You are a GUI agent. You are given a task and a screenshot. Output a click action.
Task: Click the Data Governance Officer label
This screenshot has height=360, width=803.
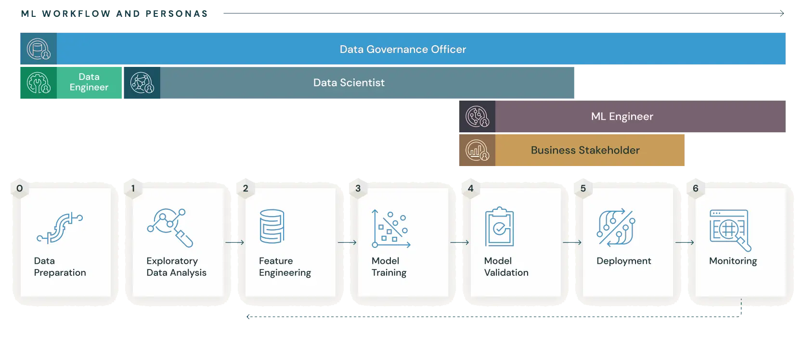click(x=402, y=49)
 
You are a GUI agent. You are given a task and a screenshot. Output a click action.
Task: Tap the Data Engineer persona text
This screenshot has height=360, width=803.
click(x=89, y=82)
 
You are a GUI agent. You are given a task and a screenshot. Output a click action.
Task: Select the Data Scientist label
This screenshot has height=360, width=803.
click(x=349, y=83)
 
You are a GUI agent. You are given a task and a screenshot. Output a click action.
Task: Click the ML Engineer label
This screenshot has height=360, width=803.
click(x=622, y=116)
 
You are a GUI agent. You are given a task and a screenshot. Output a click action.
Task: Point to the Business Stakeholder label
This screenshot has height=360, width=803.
click(x=585, y=150)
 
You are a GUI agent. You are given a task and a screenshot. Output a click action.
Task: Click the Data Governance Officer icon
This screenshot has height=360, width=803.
click(x=39, y=49)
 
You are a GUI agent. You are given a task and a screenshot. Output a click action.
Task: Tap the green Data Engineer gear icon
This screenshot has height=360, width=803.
click(x=39, y=83)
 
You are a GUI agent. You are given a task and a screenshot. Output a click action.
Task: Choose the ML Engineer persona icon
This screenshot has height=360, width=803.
click(x=477, y=116)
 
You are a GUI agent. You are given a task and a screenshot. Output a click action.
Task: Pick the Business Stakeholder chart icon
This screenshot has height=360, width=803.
click(x=477, y=150)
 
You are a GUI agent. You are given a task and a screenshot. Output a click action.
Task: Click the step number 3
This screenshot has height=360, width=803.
click(x=358, y=188)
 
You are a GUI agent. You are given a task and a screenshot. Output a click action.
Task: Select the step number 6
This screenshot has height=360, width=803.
click(x=695, y=188)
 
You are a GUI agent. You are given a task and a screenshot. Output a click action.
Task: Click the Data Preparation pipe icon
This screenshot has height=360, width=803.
click(x=60, y=228)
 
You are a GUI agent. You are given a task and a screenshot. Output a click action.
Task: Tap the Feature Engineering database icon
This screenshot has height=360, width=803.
click(x=272, y=226)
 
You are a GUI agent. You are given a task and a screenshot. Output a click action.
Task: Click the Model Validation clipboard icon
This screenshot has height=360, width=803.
click(x=499, y=227)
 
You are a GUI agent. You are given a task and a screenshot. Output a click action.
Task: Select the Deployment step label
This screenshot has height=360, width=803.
click(x=623, y=261)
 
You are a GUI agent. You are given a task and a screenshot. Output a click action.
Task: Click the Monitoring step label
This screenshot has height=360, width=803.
click(x=733, y=261)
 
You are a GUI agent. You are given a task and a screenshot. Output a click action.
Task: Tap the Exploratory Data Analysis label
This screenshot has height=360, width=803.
click(x=176, y=267)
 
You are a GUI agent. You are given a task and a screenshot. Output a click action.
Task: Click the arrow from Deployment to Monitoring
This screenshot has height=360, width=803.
click(x=684, y=243)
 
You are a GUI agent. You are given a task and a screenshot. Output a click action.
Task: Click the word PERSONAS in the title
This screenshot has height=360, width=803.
click(x=177, y=13)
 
